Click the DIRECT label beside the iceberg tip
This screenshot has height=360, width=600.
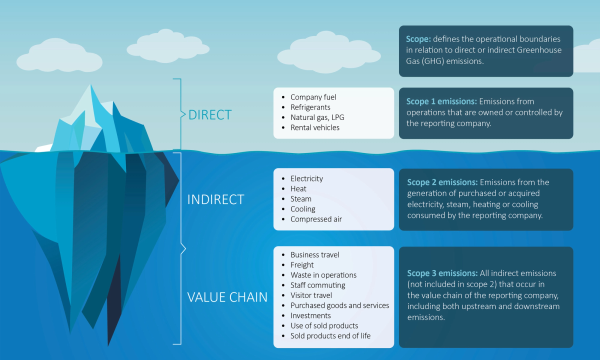click(209, 115)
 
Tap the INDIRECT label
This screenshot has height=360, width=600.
click(215, 199)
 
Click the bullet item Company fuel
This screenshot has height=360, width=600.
click(313, 97)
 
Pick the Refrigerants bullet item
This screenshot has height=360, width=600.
click(310, 107)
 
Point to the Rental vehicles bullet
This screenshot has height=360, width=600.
click(314, 127)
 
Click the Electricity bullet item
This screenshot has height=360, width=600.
click(306, 178)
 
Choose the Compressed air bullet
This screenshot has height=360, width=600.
click(316, 219)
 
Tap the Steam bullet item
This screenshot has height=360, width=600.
click(301, 199)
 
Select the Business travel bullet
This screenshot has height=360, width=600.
click(314, 255)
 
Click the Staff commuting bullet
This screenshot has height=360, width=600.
click(317, 285)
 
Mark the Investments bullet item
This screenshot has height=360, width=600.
click(310, 315)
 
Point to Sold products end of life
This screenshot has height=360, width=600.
click(330, 336)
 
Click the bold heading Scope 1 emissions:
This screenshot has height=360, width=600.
click(441, 102)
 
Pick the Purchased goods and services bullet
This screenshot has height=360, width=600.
click(339, 305)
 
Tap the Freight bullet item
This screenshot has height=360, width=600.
click(302, 265)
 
